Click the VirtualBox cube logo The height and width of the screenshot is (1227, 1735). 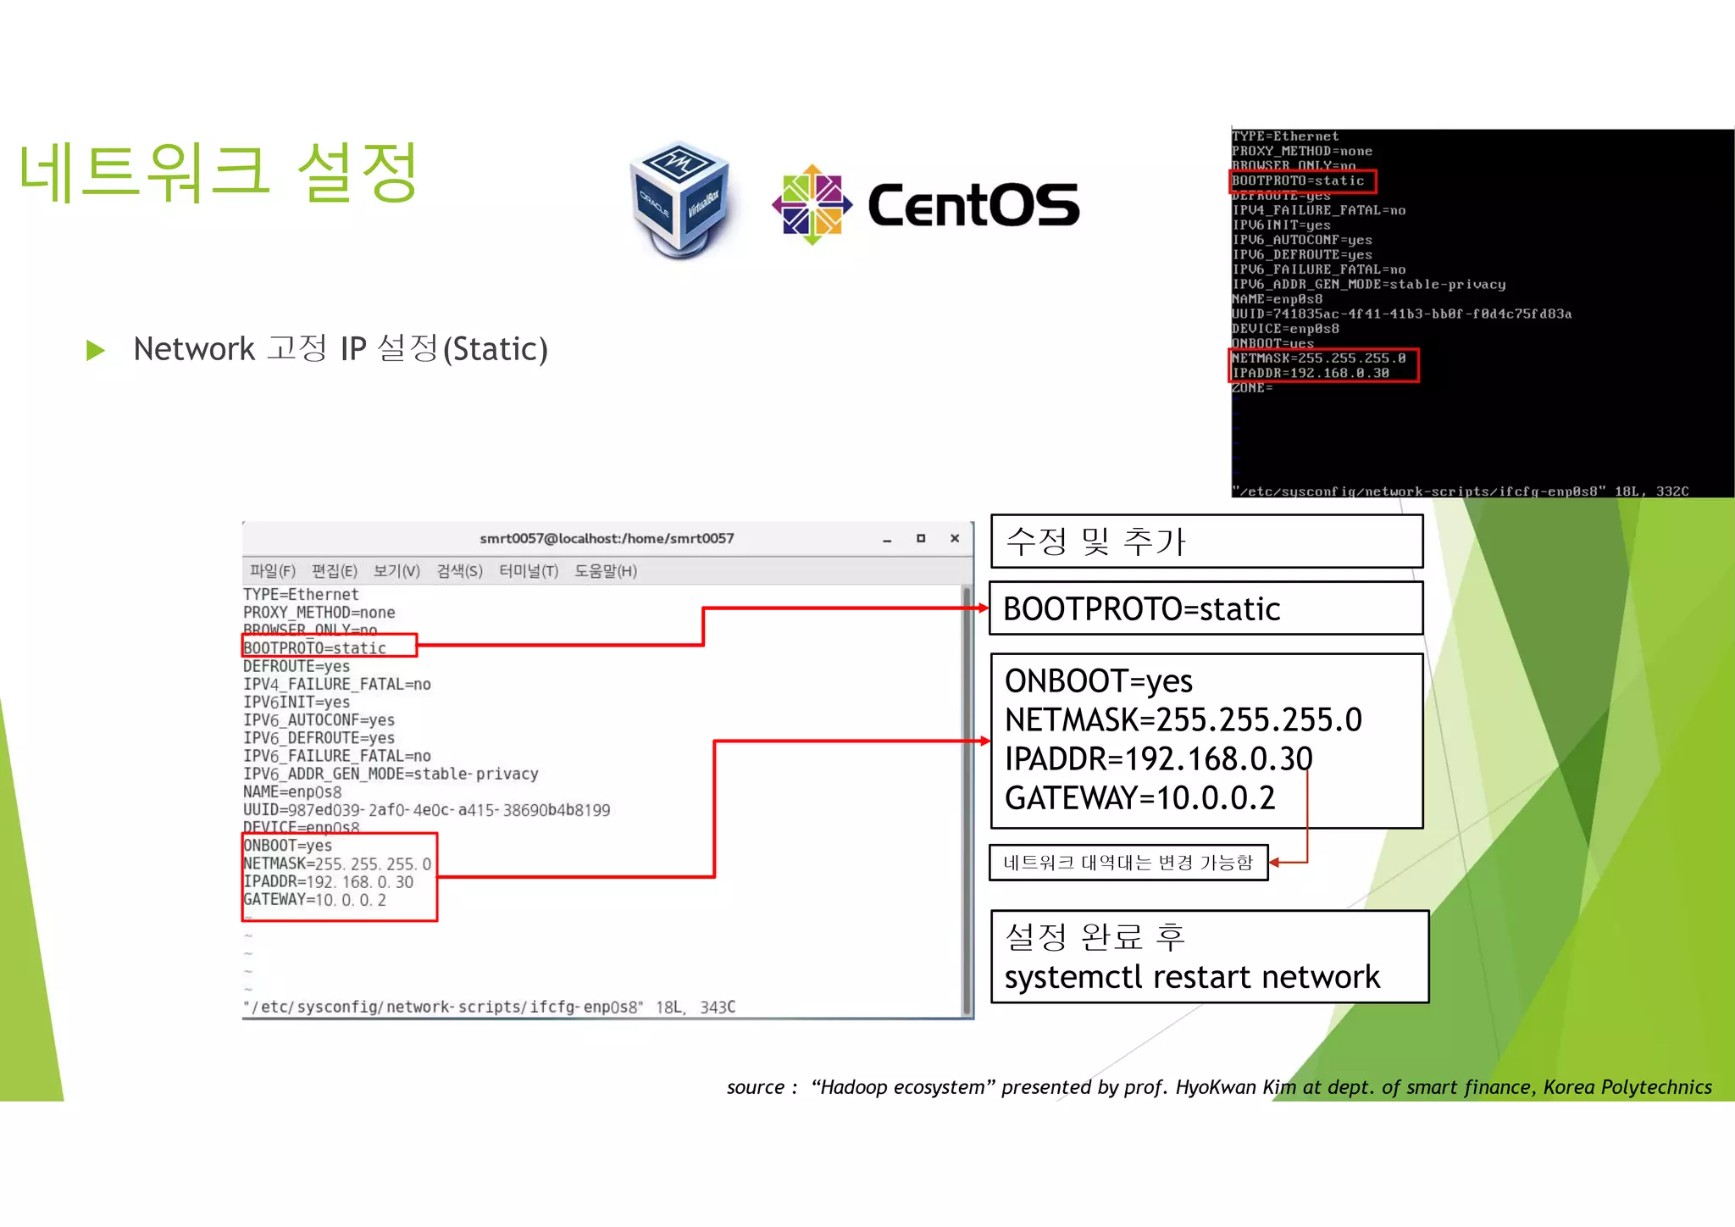(x=680, y=200)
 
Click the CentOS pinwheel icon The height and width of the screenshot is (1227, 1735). (x=812, y=204)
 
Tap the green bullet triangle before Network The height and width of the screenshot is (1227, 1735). (x=96, y=350)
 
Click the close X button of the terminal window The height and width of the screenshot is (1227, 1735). (x=955, y=538)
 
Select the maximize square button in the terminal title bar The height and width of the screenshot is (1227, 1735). (x=921, y=538)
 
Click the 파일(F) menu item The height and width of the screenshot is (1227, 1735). (x=272, y=571)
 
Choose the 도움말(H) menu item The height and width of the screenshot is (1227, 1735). (x=605, y=571)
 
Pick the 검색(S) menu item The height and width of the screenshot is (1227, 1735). (x=459, y=571)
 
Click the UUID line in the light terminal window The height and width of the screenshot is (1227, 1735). (x=426, y=810)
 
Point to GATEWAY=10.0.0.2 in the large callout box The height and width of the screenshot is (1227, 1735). (x=1139, y=798)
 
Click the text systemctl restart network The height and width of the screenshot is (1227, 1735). (x=1192, y=977)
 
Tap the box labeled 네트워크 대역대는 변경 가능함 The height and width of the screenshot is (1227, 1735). (x=1128, y=863)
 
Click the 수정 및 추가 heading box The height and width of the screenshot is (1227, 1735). (x=1206, y=541)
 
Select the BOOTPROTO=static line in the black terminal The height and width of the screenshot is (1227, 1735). (x=1298, y=181)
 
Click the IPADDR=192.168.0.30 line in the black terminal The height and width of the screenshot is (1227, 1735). (x=1310, y=373)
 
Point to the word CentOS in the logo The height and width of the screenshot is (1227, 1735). (x=973, y=206)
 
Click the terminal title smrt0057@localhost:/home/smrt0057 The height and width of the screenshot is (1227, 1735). (x=607, y=538)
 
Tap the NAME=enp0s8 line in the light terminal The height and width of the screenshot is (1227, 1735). (x=292, y=792)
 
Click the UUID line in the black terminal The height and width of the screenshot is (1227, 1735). (x=1400, y=314)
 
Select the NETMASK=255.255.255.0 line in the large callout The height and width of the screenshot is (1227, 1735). (x=1183, y=720)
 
